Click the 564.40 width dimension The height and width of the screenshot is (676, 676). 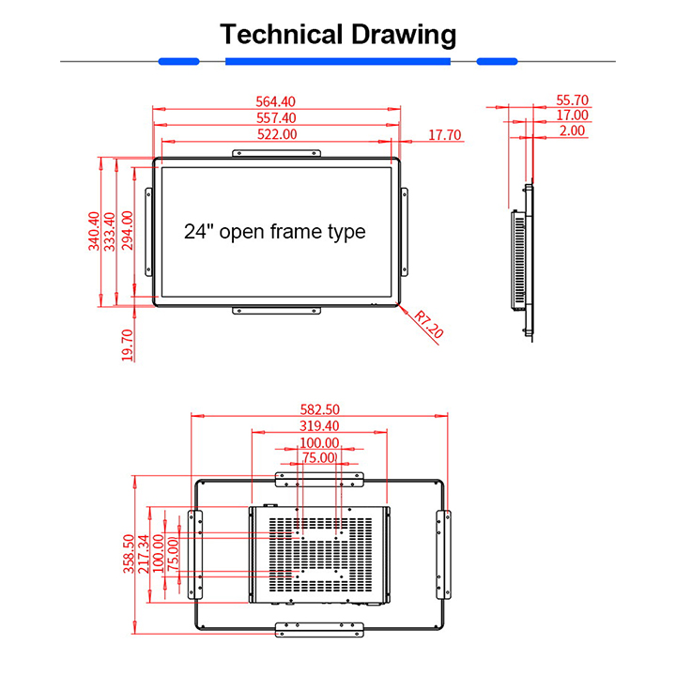[276, 102]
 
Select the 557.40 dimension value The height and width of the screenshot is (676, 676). [276, 118]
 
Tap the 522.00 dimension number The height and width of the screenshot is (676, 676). [276, 134]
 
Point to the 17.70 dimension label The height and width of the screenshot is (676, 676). [445, 135]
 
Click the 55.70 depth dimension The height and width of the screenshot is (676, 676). [572, 100]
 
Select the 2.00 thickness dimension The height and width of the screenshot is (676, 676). [572, 131]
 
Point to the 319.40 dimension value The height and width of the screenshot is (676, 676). [318, 426]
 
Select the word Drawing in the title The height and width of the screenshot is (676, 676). [403, 36]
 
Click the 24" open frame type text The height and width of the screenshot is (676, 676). [274, 231]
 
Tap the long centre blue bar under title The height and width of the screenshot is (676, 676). [338, 62]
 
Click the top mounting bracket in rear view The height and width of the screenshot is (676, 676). [319, 480]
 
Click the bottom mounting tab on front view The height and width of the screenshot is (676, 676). [278, 310]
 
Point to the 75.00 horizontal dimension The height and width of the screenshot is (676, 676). [318, 458]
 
